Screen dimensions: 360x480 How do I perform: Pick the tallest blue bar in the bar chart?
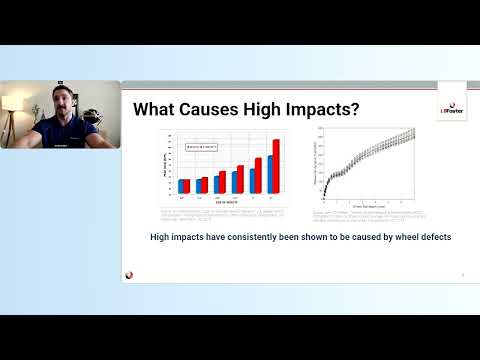pyautogui.click(x=270, y=174)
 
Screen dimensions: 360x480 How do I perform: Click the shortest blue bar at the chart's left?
pyautogui.click(x=182, y=186)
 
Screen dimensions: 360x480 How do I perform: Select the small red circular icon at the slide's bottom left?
pyautogui.click(x=130, y=275)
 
